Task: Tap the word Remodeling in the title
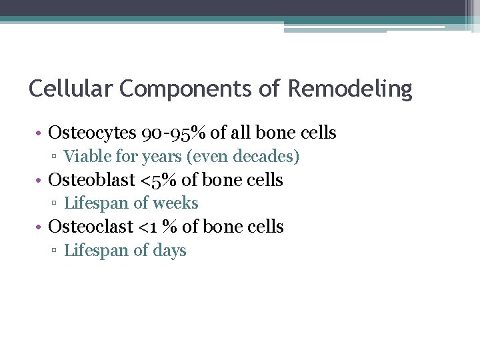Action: click(x=351, y=89)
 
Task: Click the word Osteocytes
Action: click(x=93, y=133)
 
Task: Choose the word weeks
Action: click(x=176, y=203)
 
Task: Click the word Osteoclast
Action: click(x=91, y=227)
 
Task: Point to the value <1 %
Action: click(x=157, y=227)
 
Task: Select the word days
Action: click(x=170, y=251)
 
